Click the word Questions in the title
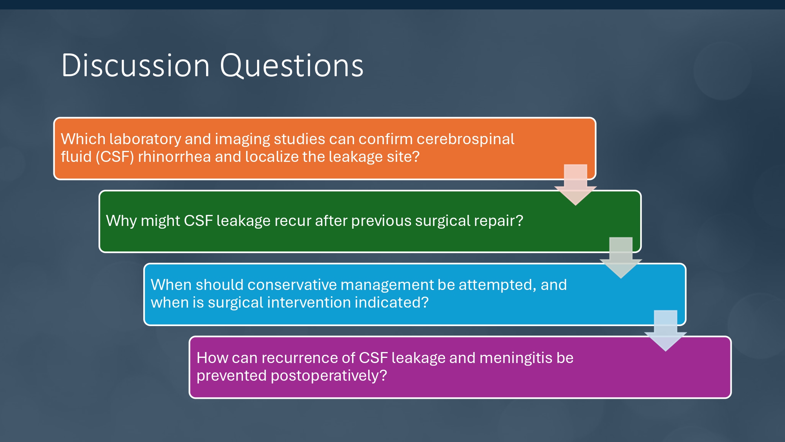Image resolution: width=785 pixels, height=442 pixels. pos(292,66)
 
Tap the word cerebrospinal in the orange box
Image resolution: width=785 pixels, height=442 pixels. pos(465,139)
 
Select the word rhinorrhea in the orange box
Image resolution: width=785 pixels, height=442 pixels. pos(174,157)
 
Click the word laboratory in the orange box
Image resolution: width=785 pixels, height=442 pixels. pos(145,139)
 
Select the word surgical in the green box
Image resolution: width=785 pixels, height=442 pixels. pos(442,221)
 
